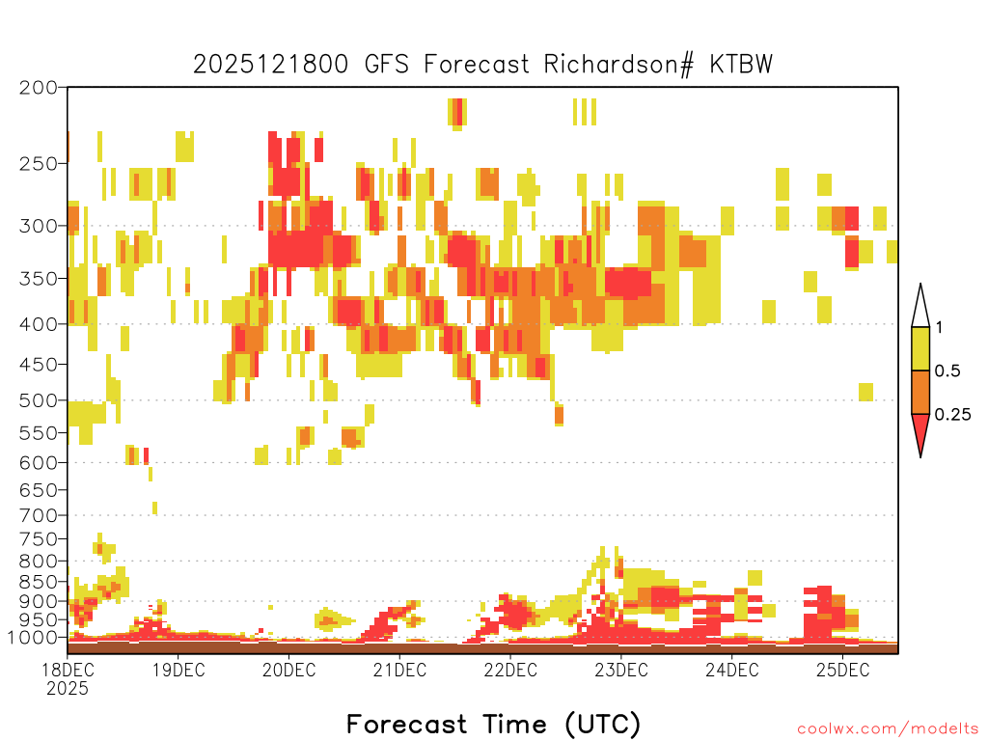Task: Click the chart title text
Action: tap(482, 64)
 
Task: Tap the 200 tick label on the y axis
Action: tap(39, 87)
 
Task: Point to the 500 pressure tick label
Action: tap(39, 400)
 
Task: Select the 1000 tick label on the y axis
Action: tap(34, 638)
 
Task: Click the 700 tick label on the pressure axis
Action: tap(39, 514)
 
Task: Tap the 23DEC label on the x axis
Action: tap(620, 670)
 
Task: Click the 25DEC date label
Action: tap(841, 670)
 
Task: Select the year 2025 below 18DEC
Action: tap(67, 689)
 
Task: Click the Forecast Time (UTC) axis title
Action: tap(493, 724)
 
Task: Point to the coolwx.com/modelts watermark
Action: tap(888, 728)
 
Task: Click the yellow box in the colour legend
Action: tap(920, 348)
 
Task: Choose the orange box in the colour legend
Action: tap(920, 392)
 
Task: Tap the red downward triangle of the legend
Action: tap(920, 433)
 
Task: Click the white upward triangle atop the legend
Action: tap(920, 307)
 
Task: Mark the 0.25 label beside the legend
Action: tap(952, 415)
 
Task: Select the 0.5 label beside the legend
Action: tap(947, 371)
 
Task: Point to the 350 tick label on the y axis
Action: tap(39, 278)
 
